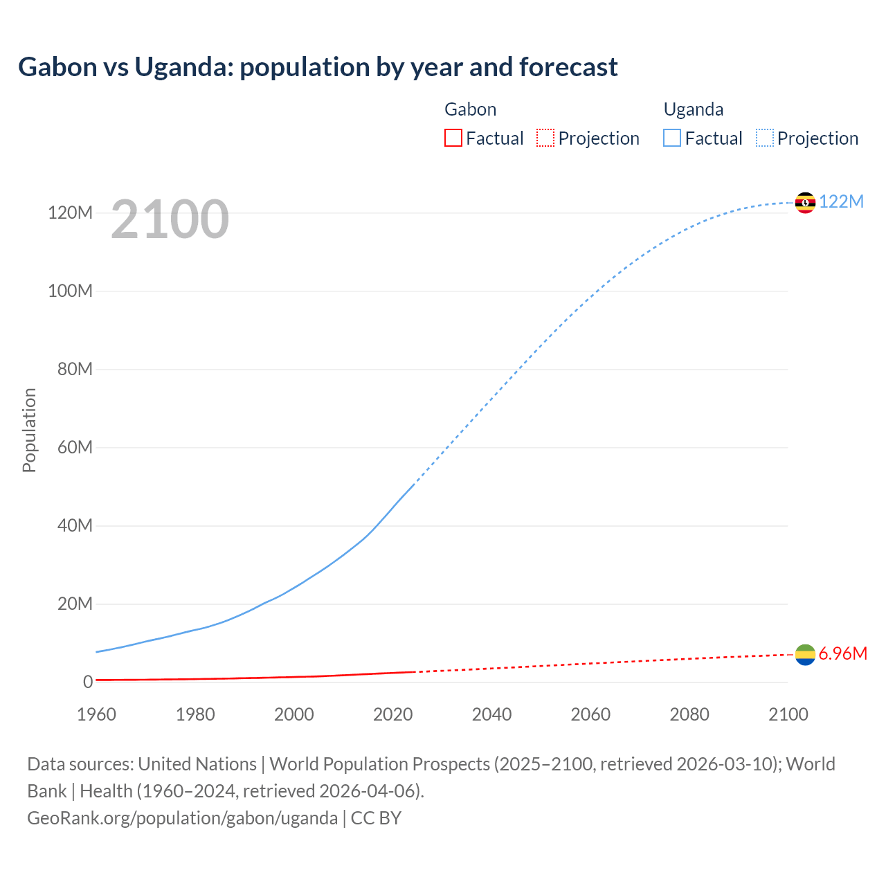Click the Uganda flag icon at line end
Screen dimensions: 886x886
pos(805,202)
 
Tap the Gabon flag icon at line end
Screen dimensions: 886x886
pos(805,655)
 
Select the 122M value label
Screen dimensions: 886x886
pos(841,201)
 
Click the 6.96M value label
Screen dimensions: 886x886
pos(842,654)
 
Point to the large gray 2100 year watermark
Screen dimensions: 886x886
pos(170,219)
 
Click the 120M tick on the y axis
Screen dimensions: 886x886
pos(70,213)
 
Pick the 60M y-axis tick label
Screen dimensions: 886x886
pos(75,447)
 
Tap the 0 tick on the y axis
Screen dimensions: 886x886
pos(88,682)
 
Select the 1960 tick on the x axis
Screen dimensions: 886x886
pos(96,714)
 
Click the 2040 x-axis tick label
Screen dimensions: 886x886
pos(491,714)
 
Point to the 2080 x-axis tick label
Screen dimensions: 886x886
pos(689,714)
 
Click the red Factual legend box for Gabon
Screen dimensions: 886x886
pos(453,138)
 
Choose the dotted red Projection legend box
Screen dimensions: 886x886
pos(545,138)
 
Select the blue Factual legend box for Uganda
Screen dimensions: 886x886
pos(672,138)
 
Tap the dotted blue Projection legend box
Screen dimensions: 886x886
pos(765,138)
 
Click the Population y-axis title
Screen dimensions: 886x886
pos(29,430)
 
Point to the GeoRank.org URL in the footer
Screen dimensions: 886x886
pos(182,817)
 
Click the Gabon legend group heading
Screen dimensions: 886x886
pos(470,109)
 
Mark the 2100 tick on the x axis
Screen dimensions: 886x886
pos(788,714)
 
